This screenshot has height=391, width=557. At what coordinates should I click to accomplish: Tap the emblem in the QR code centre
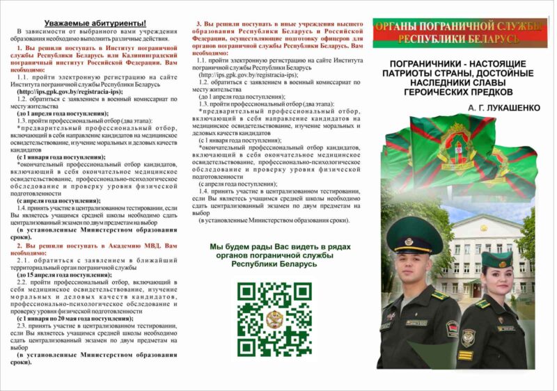[274, 319]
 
